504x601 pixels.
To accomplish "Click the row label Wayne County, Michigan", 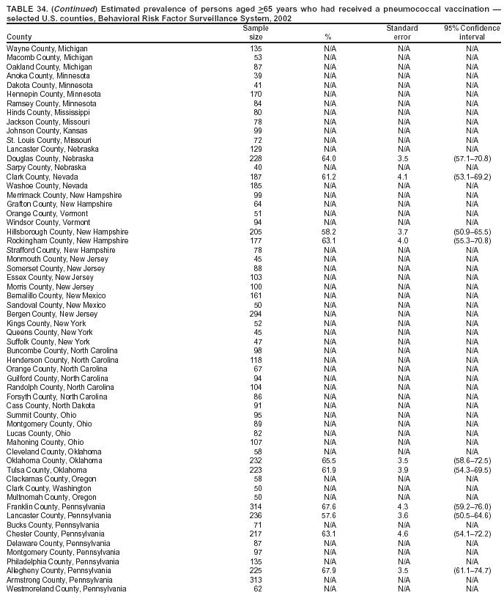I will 47,48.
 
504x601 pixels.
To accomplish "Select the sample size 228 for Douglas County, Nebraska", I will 256,158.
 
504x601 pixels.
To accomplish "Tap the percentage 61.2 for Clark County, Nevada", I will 329,177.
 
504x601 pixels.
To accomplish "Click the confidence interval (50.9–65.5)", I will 472,232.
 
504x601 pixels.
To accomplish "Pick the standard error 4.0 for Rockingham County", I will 402,240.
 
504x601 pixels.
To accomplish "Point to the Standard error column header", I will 402,32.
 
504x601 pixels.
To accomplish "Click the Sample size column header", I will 256,32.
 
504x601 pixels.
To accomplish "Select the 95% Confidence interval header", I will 472,32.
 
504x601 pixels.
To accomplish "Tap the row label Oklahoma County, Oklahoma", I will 54,460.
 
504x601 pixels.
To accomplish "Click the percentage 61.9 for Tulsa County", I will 329,470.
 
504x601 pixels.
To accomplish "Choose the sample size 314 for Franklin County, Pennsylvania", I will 256,506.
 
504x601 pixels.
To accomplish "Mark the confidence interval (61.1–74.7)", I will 472,570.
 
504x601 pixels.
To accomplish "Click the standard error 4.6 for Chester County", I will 402,534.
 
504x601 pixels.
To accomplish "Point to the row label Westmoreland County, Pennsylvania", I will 66,589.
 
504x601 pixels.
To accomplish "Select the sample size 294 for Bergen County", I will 256,314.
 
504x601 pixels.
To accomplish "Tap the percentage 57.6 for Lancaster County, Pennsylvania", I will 329,515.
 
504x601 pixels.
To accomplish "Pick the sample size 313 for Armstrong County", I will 256,580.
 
